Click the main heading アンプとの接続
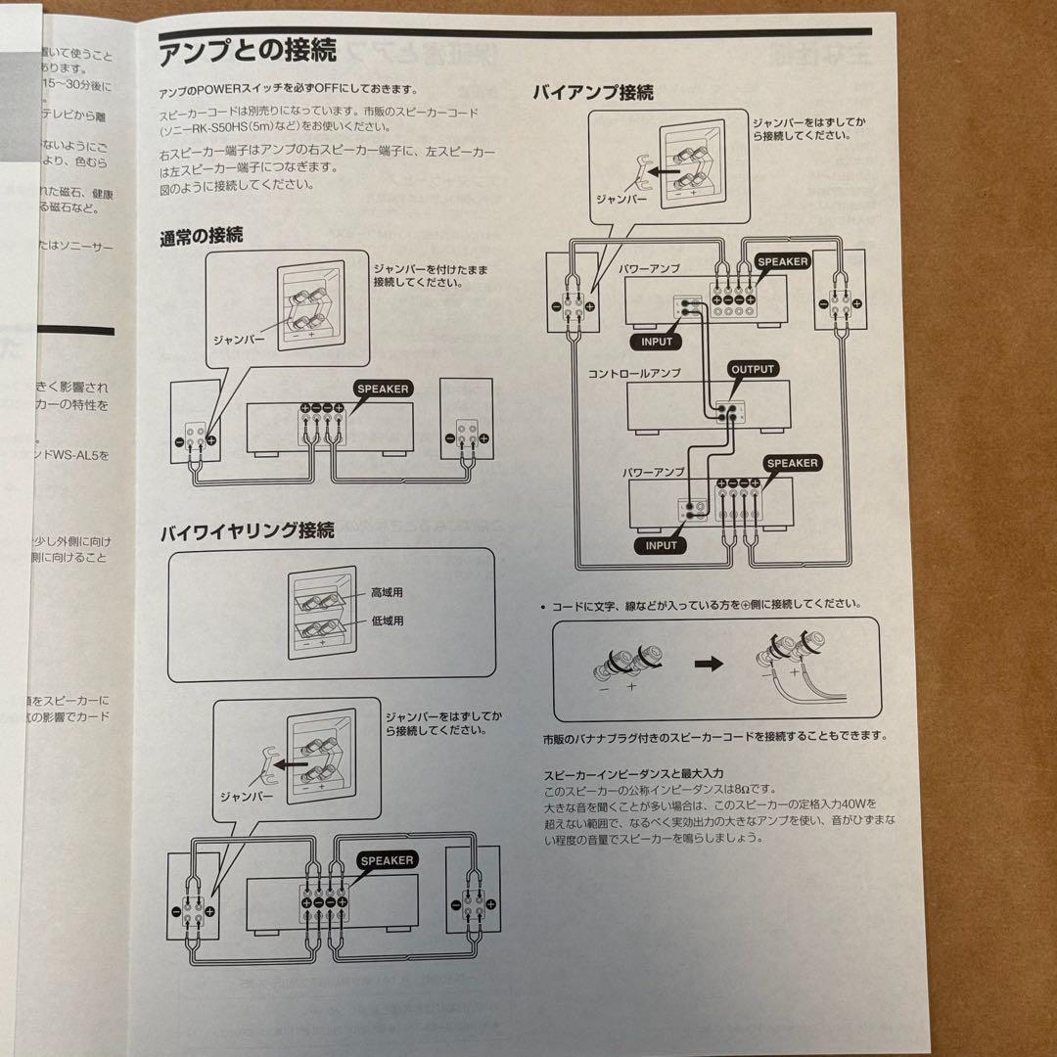tap(248, 49)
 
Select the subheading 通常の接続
tap(203, 236)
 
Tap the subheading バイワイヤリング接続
tap(247, 531)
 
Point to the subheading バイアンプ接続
tap(593, 94)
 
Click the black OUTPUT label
tap(753, 370)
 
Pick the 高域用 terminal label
tap(387, 593)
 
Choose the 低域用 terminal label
tap(387, 620)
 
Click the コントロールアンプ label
tap(633, 374)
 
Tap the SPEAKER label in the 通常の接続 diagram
tap(383, 389)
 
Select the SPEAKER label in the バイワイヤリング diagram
tap(387, 860)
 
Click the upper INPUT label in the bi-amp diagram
tap(657, 342)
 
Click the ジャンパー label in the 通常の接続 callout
tap(240, 338)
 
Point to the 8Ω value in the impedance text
tap(753, 789)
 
